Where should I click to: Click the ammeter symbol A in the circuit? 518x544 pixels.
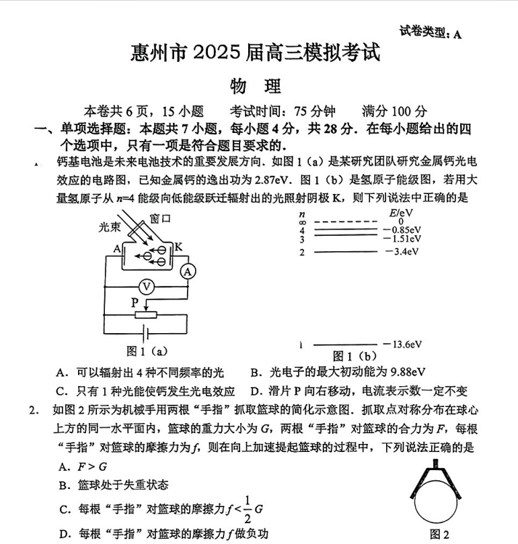click(x=190, y=271)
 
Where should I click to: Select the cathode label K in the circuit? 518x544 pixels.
click(x=178, y=247)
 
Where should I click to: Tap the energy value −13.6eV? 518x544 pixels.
click(x=402, y=345)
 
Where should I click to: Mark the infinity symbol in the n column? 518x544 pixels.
click(x=303, y=221)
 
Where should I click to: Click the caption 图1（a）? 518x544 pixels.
click(x=147, y=350)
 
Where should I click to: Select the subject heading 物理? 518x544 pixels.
click(x=256, y=87)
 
